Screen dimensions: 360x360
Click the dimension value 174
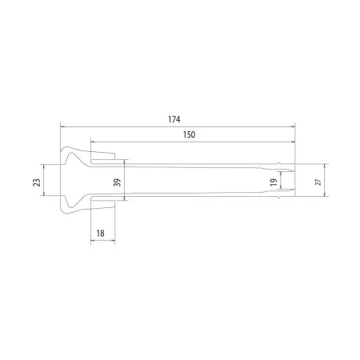pyautogui.click(x=174, y=119)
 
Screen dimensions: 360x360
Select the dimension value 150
pyautogui.click(x=189, y=134)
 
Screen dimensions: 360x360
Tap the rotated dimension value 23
pyautogui.click(x=37, y=182)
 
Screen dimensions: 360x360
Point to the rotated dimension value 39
pyautogui.click(x=117, y=182)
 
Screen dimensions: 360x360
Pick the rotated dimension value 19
pyautogui.click(x=274, y=182)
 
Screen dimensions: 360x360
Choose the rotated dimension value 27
pyautogui.click(x=318, y=182)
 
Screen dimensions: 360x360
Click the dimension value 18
pyautogui.click(x=100, y=234)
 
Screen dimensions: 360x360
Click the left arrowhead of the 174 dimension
pyautogui.click(x=62, y=126)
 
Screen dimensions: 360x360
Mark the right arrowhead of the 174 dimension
pyautogui.click(x=293, y=126)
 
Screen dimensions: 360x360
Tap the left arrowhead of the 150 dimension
pyautogui.click(x=93, y=142)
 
